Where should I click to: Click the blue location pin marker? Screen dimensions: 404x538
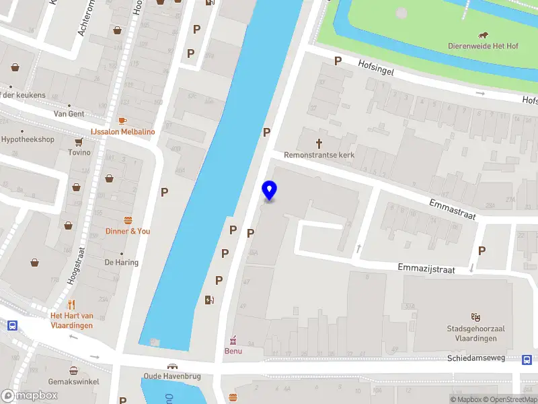(270, 191)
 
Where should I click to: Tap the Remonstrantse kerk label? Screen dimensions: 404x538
(319, 155)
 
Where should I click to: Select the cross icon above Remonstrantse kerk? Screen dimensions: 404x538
(319, 143)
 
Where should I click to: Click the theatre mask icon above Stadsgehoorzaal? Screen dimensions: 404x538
(476, 316)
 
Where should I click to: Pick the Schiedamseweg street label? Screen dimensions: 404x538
(476, 358)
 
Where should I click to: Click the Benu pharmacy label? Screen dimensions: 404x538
(233, 351)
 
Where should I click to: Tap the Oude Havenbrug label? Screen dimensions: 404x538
(173, 376)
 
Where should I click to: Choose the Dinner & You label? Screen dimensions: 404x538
(128, 231)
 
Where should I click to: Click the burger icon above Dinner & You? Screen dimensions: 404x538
(128, 220)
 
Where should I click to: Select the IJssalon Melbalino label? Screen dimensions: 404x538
(123, 131)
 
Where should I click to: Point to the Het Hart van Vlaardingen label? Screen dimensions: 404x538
(71, 321)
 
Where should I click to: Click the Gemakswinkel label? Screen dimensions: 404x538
(74, 382)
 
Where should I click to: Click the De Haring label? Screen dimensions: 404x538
(122, 263)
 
